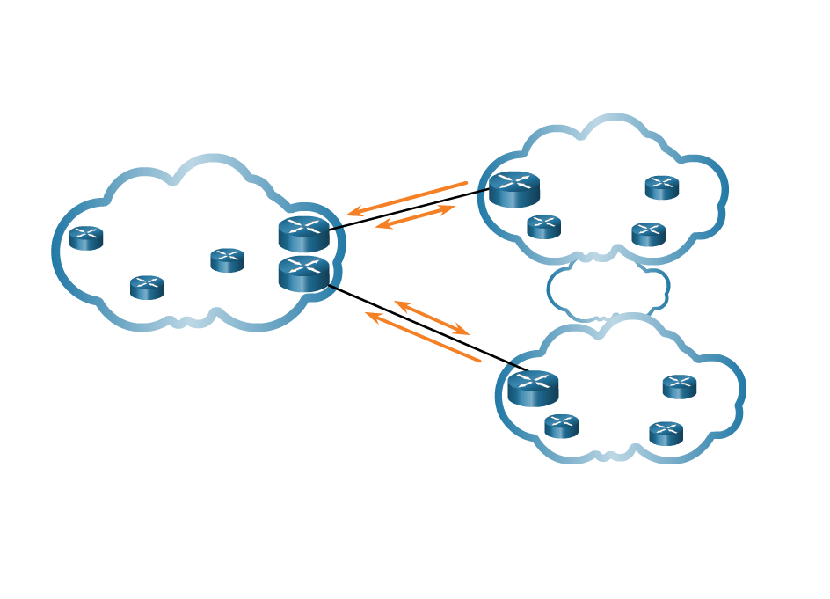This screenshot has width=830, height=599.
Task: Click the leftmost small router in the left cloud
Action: (86, 237)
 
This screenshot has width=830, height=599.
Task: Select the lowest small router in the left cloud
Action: (147, 287)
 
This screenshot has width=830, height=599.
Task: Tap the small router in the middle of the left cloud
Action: (227, 259)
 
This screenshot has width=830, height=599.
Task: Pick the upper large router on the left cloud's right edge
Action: (303, 233)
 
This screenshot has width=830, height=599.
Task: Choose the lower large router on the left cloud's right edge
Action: (303, 274)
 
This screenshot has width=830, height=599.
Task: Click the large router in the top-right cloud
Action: (514, 189)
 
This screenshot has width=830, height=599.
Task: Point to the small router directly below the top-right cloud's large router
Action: (543, 227)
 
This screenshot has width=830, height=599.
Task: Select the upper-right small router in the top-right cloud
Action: (661, 187)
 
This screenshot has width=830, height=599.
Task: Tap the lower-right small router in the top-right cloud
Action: (648, 234)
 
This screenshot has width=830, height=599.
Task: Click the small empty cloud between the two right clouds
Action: (608, 288)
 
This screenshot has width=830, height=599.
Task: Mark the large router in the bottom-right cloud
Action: (533, 388)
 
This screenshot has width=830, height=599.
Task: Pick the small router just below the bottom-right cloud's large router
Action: (561, 426)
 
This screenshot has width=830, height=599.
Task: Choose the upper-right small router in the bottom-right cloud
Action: (679, 386)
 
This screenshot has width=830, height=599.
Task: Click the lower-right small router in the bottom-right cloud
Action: (666, 433)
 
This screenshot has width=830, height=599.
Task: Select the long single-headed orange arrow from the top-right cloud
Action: (407, 198)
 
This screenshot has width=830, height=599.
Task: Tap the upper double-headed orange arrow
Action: (415, 216)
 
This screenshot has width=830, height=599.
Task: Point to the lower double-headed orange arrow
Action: (432, 318)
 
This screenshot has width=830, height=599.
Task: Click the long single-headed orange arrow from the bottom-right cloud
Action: (423, 337)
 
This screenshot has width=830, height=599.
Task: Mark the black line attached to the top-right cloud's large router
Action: (483, 190)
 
